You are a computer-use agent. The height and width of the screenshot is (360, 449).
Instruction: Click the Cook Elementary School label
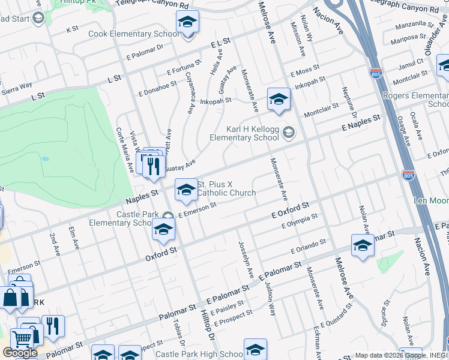point(133,34)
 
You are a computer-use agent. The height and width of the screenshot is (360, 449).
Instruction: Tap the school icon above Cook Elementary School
point(187,23)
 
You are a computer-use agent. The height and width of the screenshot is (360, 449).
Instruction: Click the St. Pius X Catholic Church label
point(226,188)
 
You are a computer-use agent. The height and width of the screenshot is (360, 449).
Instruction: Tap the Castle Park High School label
point(199,354)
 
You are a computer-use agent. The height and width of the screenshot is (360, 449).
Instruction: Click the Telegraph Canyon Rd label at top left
point(157,5)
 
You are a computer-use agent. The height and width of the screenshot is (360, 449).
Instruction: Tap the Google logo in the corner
point(20,352)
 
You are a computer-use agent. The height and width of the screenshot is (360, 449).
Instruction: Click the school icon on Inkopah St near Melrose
point(279,100)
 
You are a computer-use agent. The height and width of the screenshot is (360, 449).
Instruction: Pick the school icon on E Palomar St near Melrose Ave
point(363,245)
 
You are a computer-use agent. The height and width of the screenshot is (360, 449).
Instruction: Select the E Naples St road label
point(361,123)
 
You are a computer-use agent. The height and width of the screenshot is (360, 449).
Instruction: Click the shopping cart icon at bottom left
point(22,338)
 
